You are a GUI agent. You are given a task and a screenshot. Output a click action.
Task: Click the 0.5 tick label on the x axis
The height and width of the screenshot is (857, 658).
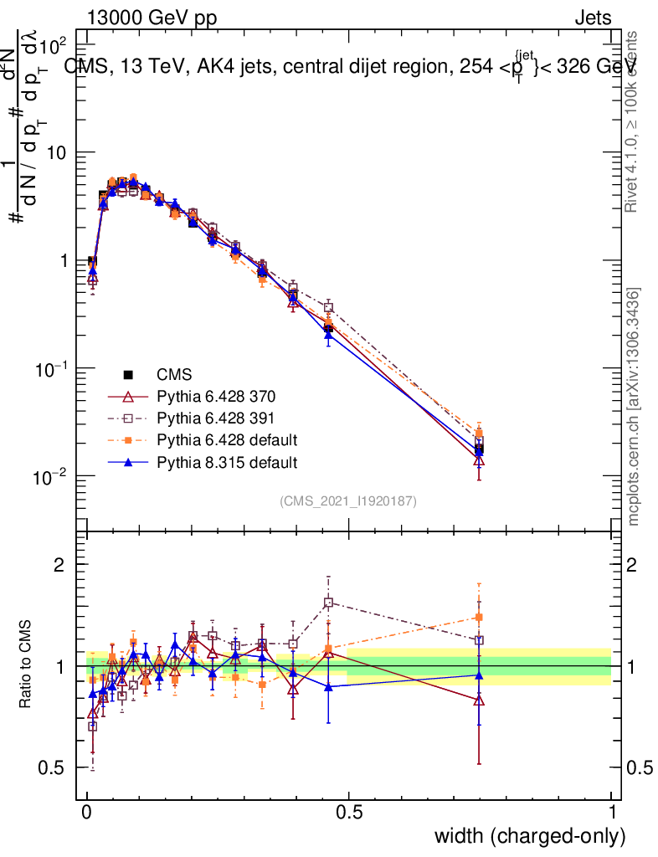tap(349, 813)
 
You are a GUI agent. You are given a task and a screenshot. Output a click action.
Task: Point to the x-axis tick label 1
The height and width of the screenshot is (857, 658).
tap(612, 813)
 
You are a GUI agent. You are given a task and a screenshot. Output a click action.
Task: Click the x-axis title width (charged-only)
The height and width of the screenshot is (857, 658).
tap(529, 836)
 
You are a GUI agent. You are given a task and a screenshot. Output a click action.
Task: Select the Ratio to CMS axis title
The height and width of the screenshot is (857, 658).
tap(27, 666)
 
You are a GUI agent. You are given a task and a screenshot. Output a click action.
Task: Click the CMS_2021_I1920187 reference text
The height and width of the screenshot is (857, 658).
tap(348, 501)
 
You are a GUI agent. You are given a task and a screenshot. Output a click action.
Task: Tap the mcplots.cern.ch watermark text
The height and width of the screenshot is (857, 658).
tap(635, 407)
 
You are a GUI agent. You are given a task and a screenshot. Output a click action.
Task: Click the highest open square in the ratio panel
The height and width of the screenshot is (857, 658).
tap(328, 602)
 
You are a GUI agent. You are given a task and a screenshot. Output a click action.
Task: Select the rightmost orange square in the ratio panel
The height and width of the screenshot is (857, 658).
tap(479, 618)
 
